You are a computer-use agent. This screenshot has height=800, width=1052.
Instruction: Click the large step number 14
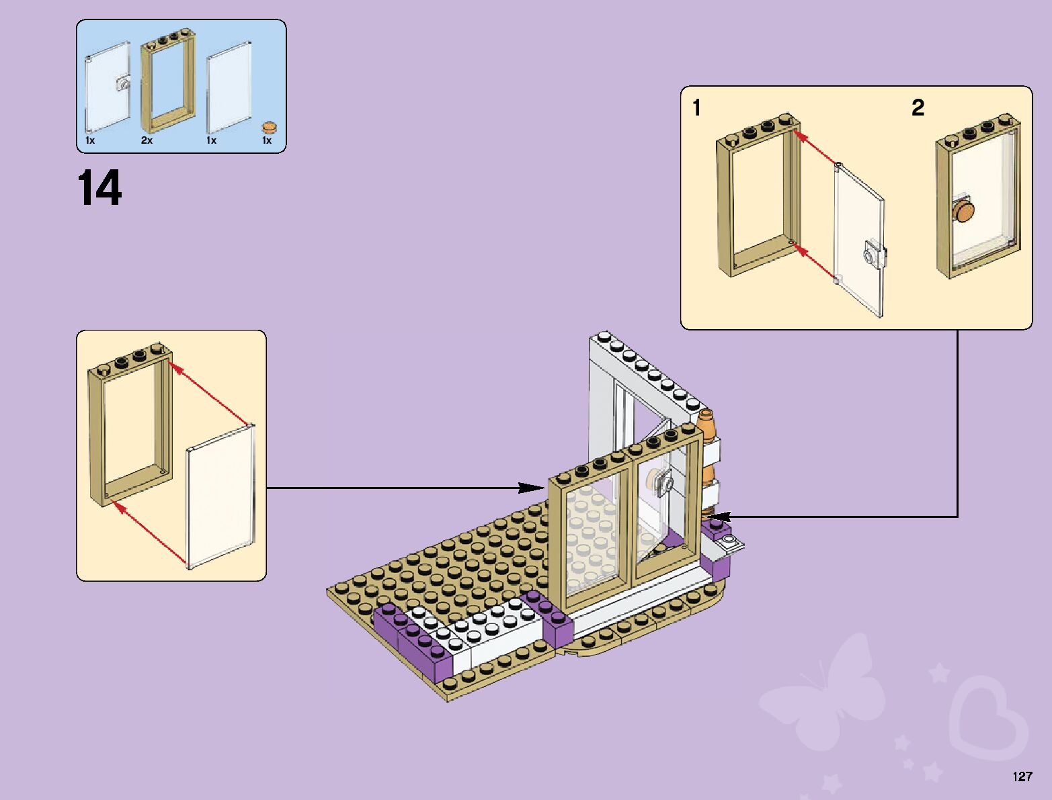tap(100, 188)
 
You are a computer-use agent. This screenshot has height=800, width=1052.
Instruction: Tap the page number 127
tap(1022, 776)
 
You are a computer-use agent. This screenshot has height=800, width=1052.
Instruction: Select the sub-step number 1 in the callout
tap(697, 107)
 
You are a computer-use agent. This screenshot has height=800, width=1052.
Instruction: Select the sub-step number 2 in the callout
tap(918, 107)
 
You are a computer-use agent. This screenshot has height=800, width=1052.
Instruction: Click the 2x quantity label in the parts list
tap(147, 140)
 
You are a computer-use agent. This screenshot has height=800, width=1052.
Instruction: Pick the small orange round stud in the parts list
tap(269, 126)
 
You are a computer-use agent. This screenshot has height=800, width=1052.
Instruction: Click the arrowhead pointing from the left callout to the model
tap(538, 488)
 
